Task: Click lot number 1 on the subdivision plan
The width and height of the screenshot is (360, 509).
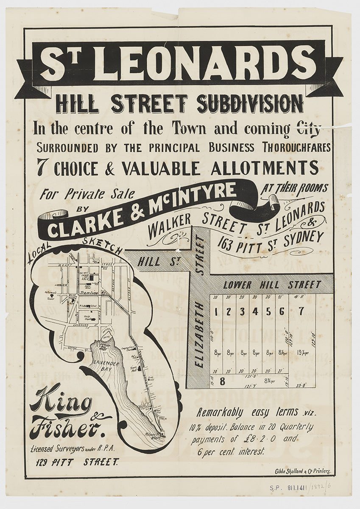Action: (x=216, y=311)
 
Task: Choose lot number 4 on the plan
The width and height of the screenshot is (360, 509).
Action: (x=255, y=311)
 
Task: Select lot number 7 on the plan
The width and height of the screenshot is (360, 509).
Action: (x=301, y=311)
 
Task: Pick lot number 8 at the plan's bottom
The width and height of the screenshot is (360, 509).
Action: (x=222, y=381)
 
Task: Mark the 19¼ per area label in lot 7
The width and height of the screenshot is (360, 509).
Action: (x=302, y=352)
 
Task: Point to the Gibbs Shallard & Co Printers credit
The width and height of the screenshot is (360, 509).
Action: (x=301, y=471)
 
